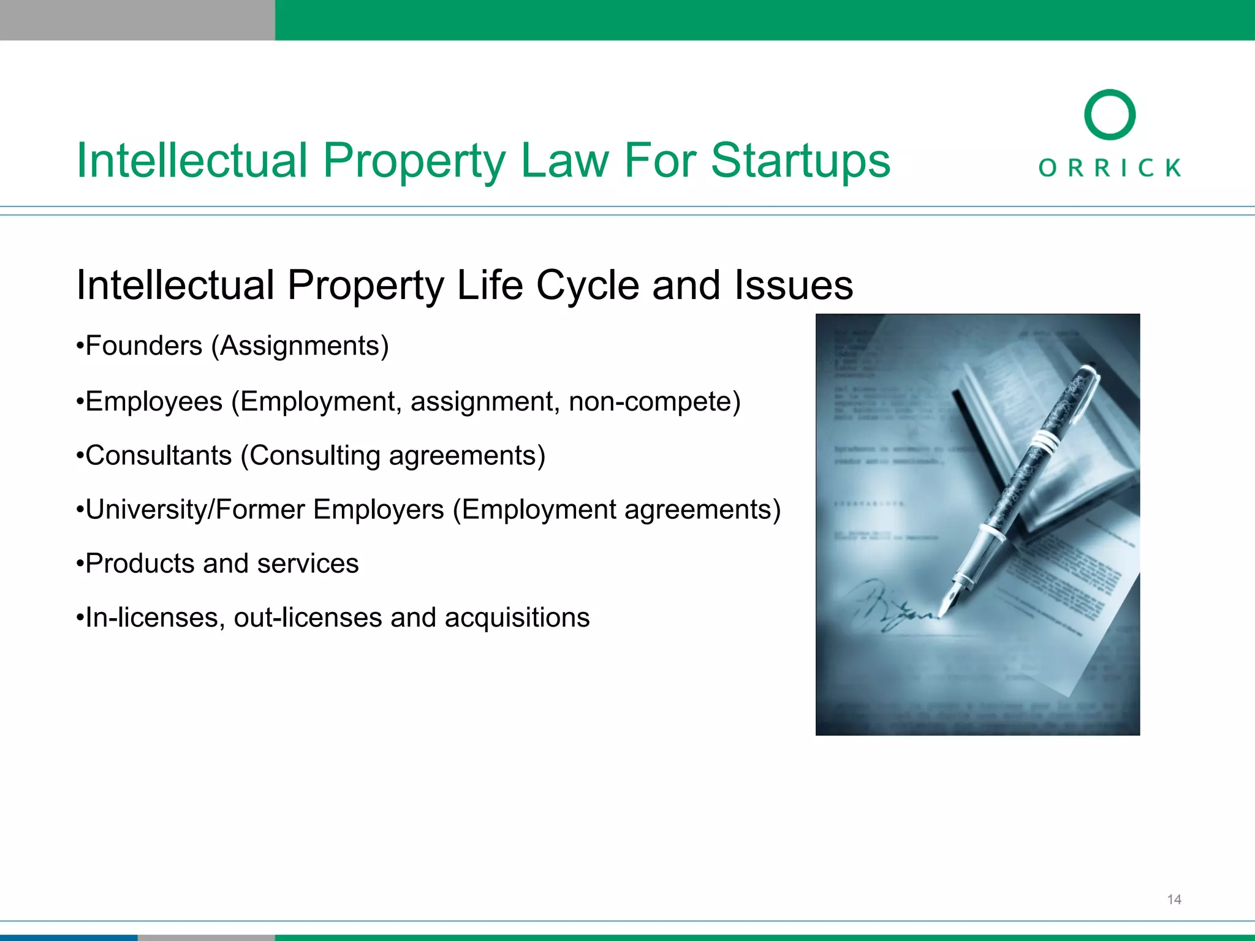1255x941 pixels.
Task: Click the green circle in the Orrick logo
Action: pos(1109,115)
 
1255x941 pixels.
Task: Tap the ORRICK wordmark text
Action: pos(1109,168)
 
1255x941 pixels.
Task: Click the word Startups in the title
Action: pos(800,161)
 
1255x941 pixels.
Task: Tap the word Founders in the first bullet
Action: pos(144,346)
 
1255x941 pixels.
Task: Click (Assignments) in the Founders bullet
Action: pos(300,347)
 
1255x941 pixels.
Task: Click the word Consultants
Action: pos(159,456)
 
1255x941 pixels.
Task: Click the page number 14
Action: pos(1173,899)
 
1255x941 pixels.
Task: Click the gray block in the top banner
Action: pos(137,20)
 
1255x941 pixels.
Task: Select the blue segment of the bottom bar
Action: pos(68,937)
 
